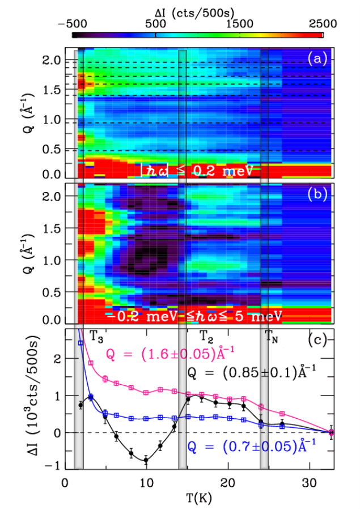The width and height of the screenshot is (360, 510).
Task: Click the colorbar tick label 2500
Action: tap(323, 23)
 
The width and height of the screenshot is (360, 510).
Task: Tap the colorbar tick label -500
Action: tap(73, 23)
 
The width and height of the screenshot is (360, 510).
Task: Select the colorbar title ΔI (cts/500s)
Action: tap(194, 13)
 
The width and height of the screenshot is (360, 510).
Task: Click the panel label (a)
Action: tap(317, 59)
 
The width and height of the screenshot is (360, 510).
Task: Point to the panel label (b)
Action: tap(317, 194)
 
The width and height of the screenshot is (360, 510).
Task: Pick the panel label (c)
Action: tap(317, 340)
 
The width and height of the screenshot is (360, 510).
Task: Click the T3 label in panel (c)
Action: tap(96, 336)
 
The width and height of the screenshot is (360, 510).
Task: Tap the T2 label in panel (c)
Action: tap(206, 336)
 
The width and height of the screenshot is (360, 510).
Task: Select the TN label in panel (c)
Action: tap(271, 336)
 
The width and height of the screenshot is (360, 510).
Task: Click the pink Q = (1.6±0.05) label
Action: tap(171, 353)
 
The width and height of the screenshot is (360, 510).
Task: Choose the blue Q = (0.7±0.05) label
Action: tap(251, 447)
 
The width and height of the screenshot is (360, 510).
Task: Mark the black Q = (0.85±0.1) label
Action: tap(252, 372)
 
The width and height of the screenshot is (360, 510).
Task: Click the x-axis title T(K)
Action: tap(199, 498)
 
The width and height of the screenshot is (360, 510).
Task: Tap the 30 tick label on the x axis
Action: tap(309, 483)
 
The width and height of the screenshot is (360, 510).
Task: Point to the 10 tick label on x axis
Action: tap(146, 483)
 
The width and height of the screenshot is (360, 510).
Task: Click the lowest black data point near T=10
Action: tap(146, 460)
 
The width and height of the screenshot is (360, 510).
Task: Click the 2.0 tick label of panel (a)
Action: tap(52, 61)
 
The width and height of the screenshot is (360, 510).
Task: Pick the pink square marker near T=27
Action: tap(282, 414)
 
